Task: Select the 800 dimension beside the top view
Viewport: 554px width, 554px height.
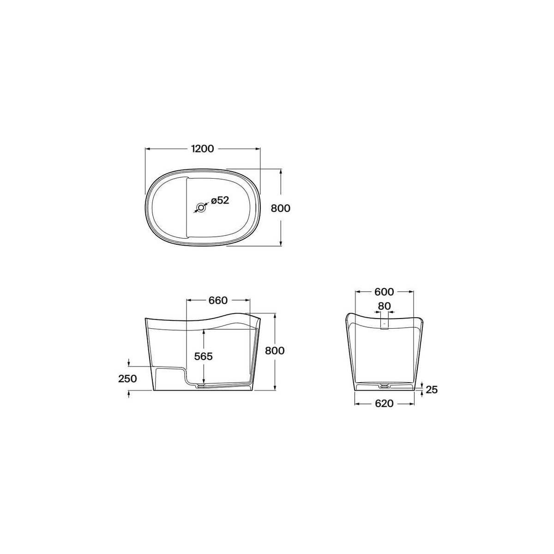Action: tap(280, 208)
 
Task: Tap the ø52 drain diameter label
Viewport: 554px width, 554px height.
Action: tap(220, 200)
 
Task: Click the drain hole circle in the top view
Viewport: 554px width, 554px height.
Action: tap(201, 208)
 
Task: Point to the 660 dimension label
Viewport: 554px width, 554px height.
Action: tap(218, 301)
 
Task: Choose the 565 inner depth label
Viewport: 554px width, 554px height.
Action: tap(203, 356)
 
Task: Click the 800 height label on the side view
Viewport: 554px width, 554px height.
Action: tap(275, 350)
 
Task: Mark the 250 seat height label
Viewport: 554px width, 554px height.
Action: tap(127, 379)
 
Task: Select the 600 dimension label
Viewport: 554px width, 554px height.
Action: tap(384, 292)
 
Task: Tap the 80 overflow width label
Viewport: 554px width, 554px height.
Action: tap(384, 306)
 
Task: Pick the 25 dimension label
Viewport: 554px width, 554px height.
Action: tap(431, 390)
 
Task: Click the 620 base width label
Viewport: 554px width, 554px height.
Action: tap(384, 403)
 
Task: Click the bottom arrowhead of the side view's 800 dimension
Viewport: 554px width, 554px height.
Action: tap(275, 389)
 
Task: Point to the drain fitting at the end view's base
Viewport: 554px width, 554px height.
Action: tap(384, 384)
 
